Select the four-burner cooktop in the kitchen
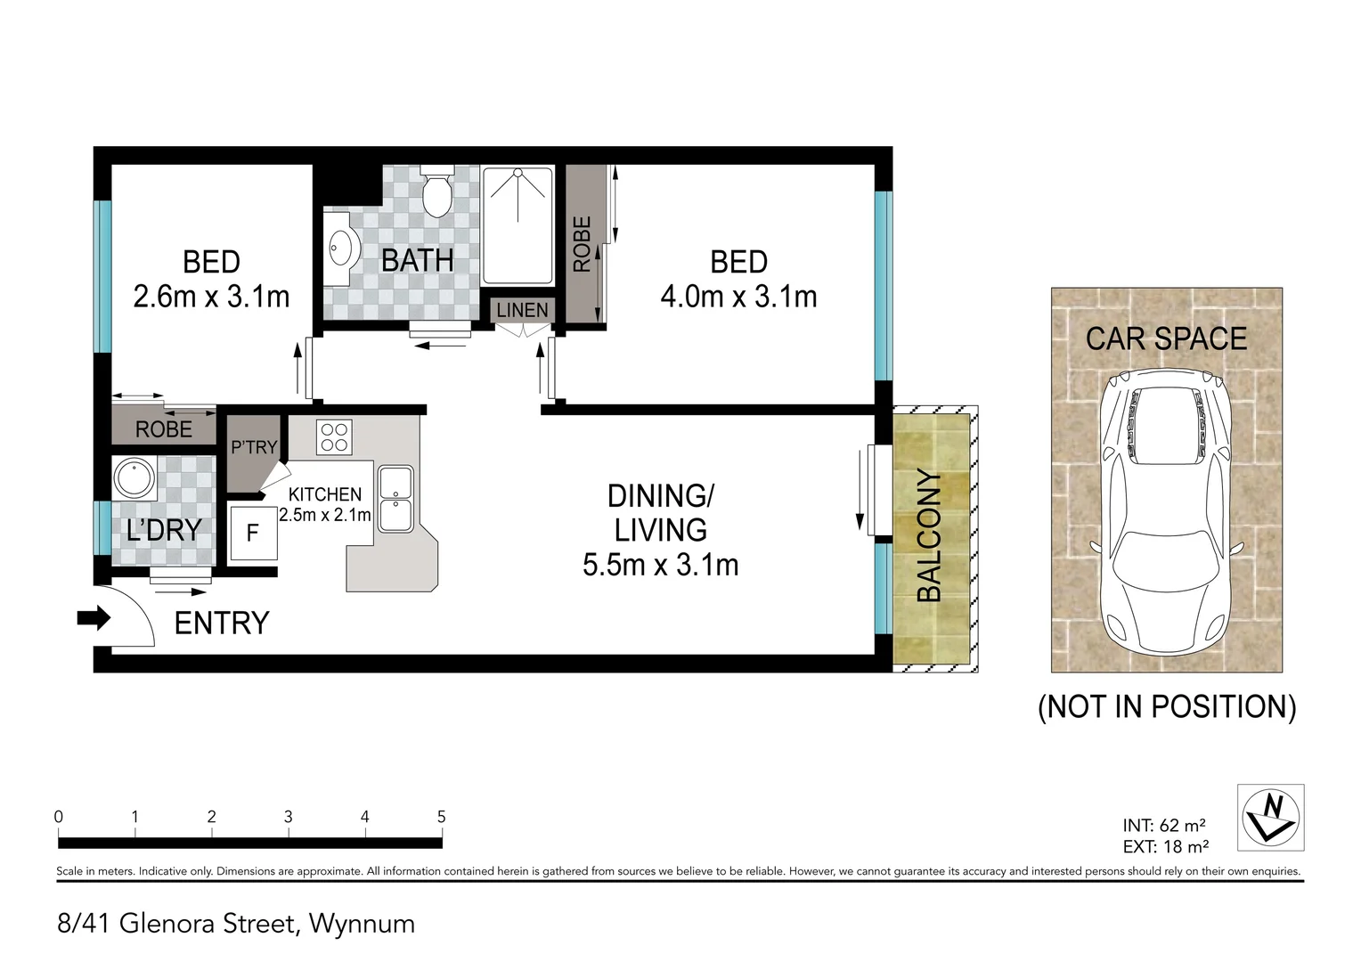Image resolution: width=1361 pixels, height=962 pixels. pyautogui.click(x=334, y=437)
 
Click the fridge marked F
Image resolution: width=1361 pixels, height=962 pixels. pyautogui.click(x=253, y=533)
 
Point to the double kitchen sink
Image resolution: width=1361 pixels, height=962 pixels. pyautogui.click(x=395, y=499)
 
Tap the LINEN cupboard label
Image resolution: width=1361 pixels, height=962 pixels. pyautogui.click(x=522, y=310)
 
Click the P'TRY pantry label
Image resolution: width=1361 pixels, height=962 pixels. pyautogui.click(x=254, y=447)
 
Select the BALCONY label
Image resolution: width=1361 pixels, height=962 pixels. pyautogui.click(x=928, y=535)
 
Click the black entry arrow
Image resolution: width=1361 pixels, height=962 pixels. pyautogui.click(x=94, y=619)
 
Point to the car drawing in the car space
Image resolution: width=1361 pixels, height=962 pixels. pyautogui.click(x=1166, y=511)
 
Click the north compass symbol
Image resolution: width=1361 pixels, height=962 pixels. pyautogui.click(x=1270, y=818)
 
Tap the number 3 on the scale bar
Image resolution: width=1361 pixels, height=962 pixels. pyautogui.click(x=288, y=817)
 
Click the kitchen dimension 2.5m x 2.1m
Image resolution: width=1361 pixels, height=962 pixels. pyautogui.click(x=324, y=515)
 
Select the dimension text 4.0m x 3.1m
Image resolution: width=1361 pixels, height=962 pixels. pyautogui.click(x=738, y=297)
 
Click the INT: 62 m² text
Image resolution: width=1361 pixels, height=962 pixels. pyautogui.click(x=1164, y=825)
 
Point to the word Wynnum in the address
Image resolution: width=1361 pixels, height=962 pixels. pyautogui.click(x=363, y=924)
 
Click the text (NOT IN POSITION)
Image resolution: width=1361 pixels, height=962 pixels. pyautogui.click(x=1167, y=706)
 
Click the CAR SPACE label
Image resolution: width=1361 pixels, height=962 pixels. pyautogui.click(x=1166, y=338)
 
